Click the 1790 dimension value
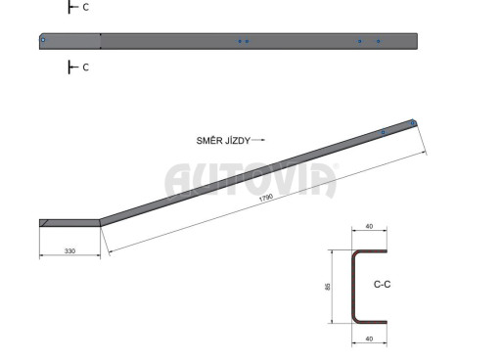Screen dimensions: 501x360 point(266,198)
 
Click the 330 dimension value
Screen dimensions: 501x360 point(69,250)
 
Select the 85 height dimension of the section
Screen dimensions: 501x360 point(328,287)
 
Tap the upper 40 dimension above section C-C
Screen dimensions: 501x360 point(369,226)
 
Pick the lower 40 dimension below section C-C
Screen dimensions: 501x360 point(369,338)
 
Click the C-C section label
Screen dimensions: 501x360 point(382,285)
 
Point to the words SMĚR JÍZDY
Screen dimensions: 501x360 point(223,141)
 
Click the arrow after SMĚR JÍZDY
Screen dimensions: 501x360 point(258,140)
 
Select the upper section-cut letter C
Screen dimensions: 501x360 point(86,7)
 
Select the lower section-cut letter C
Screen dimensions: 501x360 point(86,67)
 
